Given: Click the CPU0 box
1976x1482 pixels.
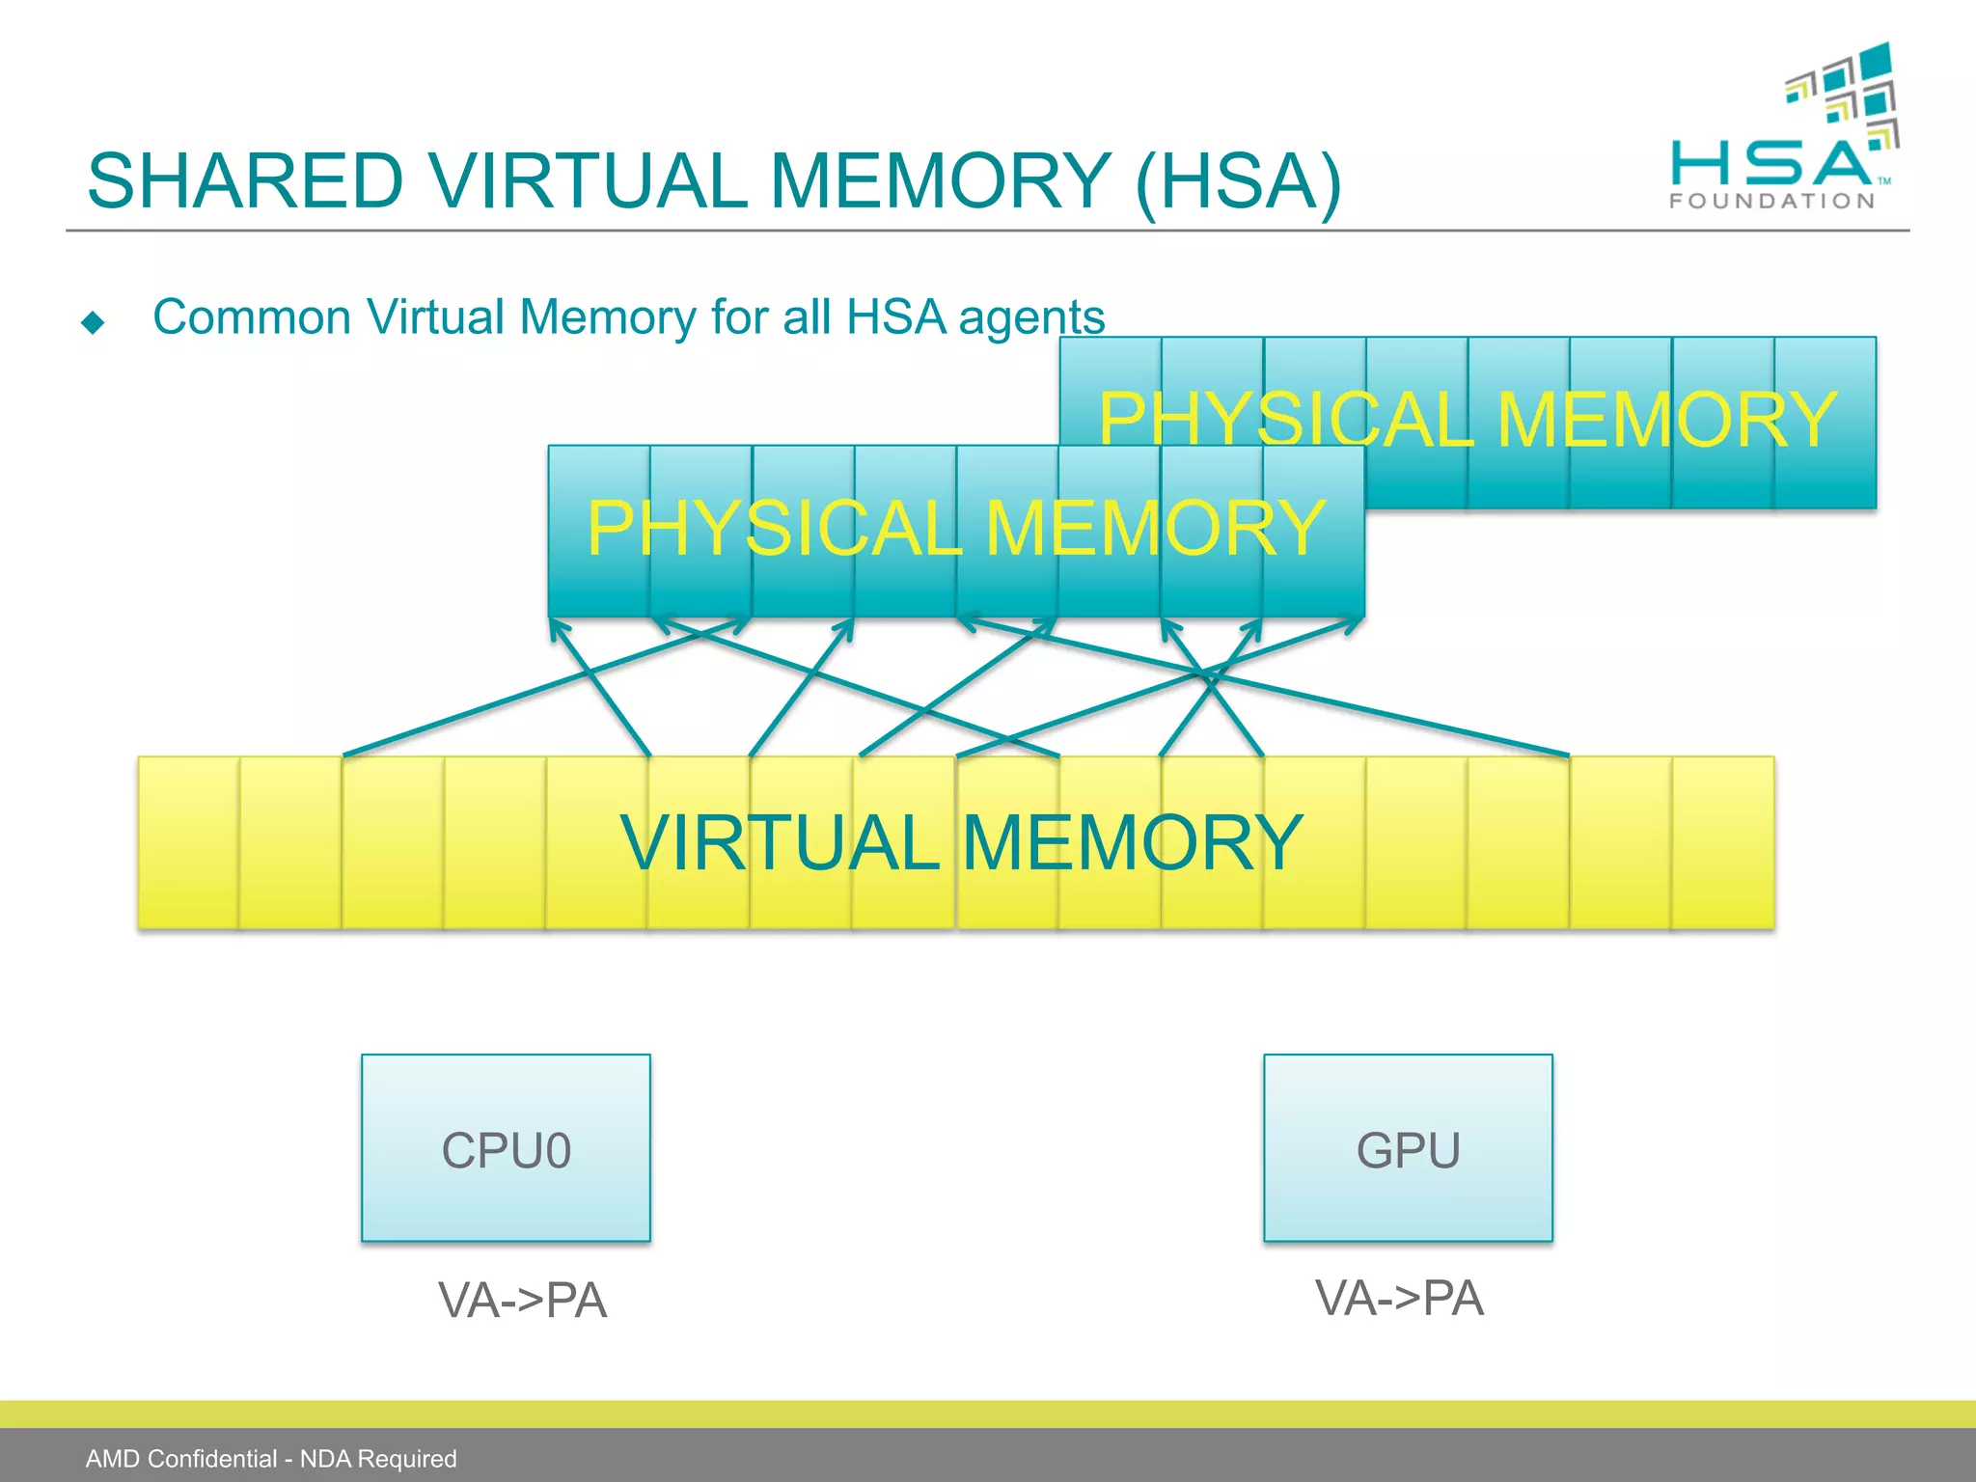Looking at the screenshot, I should (506, 1147).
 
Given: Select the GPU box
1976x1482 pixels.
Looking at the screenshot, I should (1408, 1147).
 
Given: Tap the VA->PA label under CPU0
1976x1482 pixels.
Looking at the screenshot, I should (522, 1300).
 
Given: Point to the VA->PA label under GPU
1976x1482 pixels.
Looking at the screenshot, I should (1399, 1297).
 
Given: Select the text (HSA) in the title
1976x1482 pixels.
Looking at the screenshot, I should (1238, 181).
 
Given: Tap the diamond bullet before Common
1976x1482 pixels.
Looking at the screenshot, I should (93, 321).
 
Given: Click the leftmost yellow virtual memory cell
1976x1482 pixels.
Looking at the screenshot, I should (188, 842).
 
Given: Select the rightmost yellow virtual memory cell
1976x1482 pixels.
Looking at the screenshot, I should (1723, 842).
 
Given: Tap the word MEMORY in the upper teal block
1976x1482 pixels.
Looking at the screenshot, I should (1667, 421).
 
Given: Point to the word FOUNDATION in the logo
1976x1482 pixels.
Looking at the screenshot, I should (1772, 201).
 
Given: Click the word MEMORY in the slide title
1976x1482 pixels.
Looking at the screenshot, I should (941, 181).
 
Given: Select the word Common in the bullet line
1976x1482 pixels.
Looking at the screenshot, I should (252, 317).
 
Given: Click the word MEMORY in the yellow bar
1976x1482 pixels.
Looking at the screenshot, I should (1133, 842).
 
